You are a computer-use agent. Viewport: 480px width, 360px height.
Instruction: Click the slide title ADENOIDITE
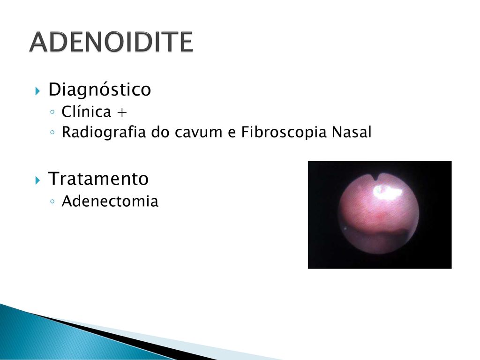pyautogui.click(x=111, y=42)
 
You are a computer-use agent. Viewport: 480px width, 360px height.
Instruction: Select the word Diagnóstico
pyautogui.click(x=100, y=90)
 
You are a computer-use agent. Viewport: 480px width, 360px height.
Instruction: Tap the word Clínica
pyautogui.click(x=86, y=112)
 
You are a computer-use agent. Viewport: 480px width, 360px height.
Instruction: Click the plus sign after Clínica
pyautogui.click(x=122, y=112)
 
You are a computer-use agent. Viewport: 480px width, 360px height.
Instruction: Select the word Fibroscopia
pyautogui.click(x=284, y=132)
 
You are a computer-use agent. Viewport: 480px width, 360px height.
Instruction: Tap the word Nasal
pyautogui.click(x=352, y=132)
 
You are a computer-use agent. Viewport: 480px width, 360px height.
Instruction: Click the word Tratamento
pyautogui.click(x=98, y=179)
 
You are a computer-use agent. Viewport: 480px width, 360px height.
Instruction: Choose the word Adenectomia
pyautogui.click(x=110, y=202)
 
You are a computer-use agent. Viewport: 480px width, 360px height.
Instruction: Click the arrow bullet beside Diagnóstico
pyautogui.click(x=37, y=91)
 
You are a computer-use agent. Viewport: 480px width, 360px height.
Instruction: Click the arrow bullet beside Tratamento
pyautogui.click(x=37, y=180)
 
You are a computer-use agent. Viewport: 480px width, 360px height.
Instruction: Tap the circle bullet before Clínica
pyautogui.click(x=52, y=112)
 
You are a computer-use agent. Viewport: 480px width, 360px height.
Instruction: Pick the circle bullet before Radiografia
pyautogui.click(x=52, y=133)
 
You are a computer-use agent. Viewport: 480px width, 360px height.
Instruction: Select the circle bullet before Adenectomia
pyautogui.click(x=52, y=202)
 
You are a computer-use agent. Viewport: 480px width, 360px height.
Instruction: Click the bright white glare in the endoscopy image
pyautogui.click(x=387, y=191)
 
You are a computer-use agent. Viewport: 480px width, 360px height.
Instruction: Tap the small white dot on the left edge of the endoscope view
pyautogui.click(x=345, y=228)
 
